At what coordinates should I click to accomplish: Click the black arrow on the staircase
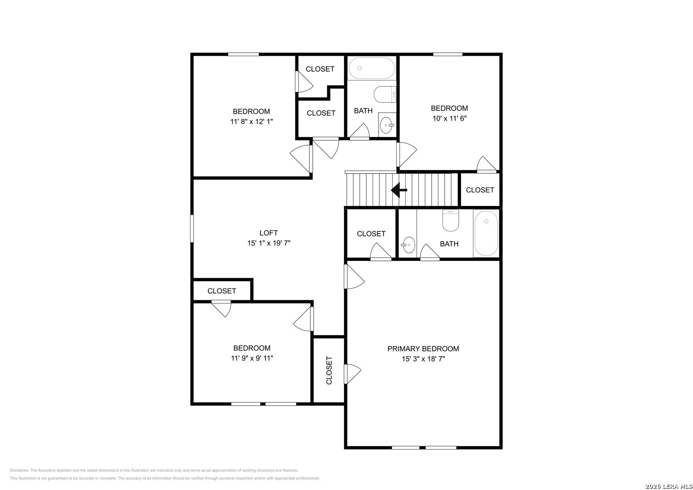point(399,190)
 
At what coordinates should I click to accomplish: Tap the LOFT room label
point(269,233)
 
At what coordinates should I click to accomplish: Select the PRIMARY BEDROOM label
point(423,348)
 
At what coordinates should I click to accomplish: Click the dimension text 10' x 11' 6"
point(449,118)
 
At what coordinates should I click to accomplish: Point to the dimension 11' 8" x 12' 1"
point(251,122)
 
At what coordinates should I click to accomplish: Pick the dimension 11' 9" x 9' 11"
point(252,358)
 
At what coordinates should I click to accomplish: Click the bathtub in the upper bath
point(372,69)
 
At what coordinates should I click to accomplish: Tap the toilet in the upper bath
point(385,94)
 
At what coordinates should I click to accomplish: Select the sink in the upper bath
point(387,125)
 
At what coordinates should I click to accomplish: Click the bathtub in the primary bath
point(486,234)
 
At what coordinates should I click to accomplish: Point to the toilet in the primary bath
point(451,220)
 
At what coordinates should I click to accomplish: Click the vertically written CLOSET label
point(329,370)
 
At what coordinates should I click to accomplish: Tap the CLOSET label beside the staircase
point(480,190)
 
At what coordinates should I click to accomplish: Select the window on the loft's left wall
point(192,229)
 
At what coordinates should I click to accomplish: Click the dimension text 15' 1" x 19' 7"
point(269,243)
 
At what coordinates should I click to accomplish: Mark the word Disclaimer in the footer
point(19,470)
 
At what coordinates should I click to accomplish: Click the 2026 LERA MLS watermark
point(668,486)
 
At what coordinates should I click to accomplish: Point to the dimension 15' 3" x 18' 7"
point(423,359)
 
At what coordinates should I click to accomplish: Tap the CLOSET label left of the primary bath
point(371,234)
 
